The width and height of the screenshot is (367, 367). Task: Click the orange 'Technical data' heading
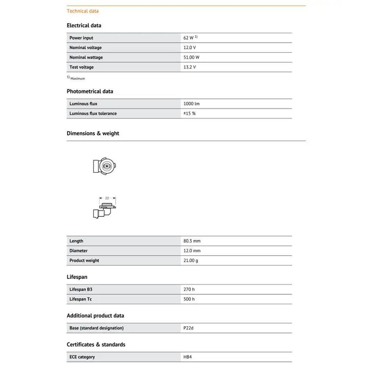tap(83, 11)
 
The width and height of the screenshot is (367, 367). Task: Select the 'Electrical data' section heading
tap(84, 25)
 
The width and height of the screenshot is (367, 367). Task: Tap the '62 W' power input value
tap(189, 38)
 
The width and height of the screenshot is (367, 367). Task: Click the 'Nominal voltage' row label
tap(86, 48)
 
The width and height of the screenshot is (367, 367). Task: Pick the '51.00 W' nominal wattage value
tap(192, 57)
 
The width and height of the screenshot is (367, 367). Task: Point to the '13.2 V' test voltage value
tap(190, 67)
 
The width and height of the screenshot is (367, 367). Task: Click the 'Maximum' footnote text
tap(77, 79)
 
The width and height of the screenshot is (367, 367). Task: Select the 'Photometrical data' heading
tap(90, 91)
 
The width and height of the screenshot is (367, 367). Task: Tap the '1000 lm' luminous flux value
tap(192, 104)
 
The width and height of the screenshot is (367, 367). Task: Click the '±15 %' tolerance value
tap(190, 113)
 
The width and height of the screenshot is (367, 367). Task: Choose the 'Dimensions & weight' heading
tap(93, 133)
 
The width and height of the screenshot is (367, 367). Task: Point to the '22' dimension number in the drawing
tap(107, 198)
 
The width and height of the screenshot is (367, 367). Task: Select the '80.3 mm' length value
tap(192, 241)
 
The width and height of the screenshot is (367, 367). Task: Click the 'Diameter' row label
tap(79, 251)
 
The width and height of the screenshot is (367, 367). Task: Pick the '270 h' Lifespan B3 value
tap(189, 290)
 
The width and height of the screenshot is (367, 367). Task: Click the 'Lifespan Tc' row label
tap(80, 299)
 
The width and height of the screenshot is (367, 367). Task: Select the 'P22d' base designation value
tap(188, 328)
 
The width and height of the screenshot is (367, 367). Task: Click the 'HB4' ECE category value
tap(188, 357)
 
